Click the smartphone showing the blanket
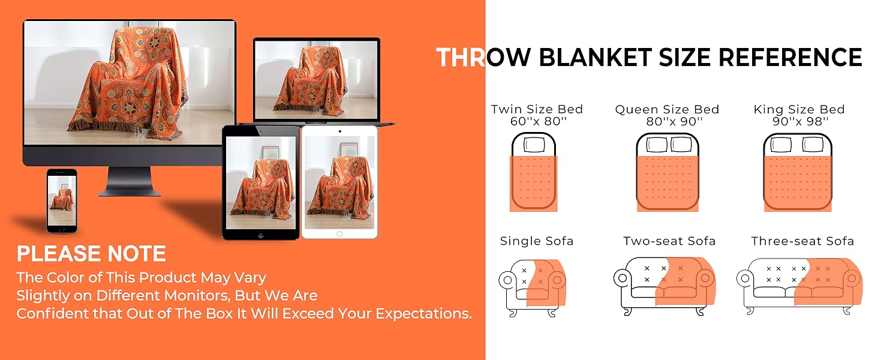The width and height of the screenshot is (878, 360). pos(62,200)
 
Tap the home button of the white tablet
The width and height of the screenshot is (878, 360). pos(339,233)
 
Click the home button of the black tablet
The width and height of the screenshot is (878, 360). pos(260,233)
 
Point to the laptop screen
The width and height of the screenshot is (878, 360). pos(317,79)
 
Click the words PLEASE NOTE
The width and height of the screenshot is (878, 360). pos(91,254)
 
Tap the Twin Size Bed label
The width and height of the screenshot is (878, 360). pos(537,109)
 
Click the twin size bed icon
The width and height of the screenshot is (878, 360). pos(535,172)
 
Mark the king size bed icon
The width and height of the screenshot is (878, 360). pos(799,172)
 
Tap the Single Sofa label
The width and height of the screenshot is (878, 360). pos(537,241)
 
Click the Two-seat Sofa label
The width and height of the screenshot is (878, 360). pos(669,241)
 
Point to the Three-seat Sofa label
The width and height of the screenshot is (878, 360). pos(802,241)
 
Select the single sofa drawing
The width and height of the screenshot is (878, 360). pos(533,286)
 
